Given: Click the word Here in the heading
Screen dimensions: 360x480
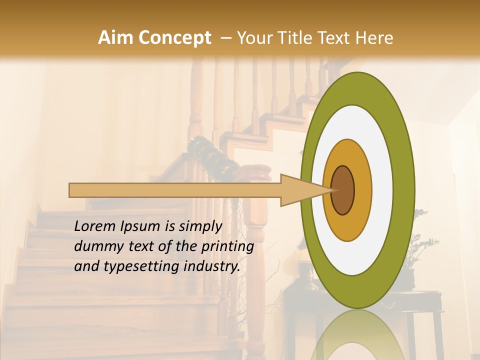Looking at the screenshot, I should click(x=374, y=38).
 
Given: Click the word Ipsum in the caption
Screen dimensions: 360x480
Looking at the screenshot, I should click(x=140, y=227).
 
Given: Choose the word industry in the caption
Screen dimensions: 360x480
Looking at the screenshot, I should click(x=210, y=266).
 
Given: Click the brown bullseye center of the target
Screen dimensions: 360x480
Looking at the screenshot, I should click(x=343, y=190).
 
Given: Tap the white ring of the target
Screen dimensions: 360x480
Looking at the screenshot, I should click(x=382, y=190).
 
